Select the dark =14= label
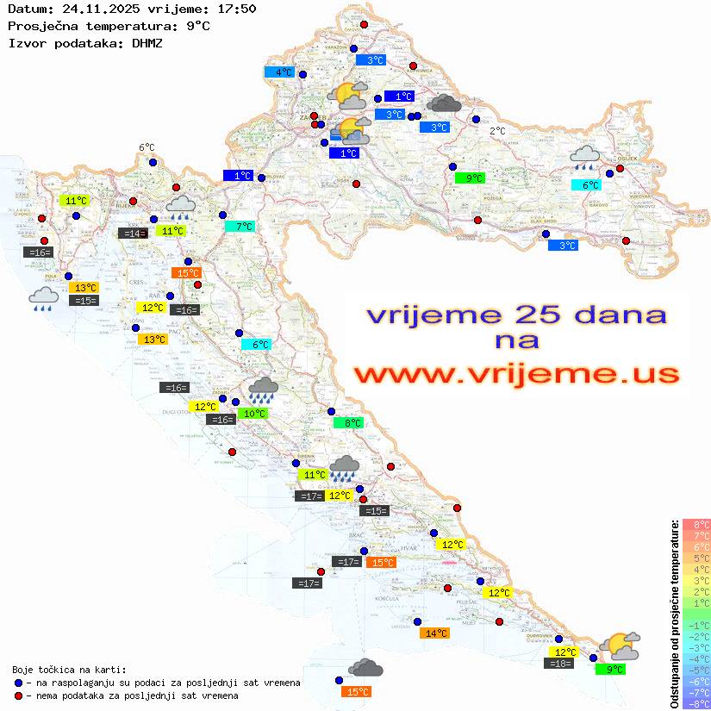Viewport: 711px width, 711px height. coord(133,233)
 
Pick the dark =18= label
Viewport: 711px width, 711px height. coord(559,664)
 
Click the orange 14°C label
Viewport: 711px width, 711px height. coord(434,633)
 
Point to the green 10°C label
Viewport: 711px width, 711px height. coord(253,414)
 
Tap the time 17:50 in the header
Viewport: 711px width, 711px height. coord(236,9)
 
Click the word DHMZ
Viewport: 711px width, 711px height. coord(147,43)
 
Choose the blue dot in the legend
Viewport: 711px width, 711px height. coord(19,683)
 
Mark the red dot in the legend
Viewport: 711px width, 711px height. coord(19,695)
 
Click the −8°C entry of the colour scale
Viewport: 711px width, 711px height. coord(695,703)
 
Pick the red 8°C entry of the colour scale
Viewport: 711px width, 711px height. coord(695,525)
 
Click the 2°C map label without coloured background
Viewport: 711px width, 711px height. coord(497,131)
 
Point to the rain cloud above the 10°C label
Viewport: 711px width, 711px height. coord(263,390)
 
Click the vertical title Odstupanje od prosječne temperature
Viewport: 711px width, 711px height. coord(674,614)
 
